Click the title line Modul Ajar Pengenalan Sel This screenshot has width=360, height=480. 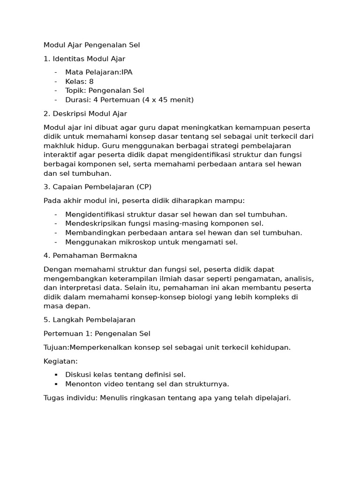pos(91,45)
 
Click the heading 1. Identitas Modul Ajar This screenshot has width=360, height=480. pos(84,59)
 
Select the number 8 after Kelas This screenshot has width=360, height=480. pos(91,82)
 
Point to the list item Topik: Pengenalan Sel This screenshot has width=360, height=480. pos(105,90)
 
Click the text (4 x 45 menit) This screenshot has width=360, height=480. pos(164,100)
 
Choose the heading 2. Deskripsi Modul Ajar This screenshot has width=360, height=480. pos(85,113)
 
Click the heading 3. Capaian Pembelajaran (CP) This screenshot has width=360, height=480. pos(97,187)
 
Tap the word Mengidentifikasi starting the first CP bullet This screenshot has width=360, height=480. pos(96,215)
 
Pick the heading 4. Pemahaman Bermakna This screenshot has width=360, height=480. pos(90,256)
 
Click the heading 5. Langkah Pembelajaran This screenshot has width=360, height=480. pos(89,320)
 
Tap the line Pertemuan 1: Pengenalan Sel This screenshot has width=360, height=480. pos(97,334)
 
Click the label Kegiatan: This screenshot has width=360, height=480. pos(60,361)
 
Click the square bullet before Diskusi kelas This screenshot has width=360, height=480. pos(56,375)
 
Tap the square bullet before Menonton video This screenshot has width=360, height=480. pos(56,384)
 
